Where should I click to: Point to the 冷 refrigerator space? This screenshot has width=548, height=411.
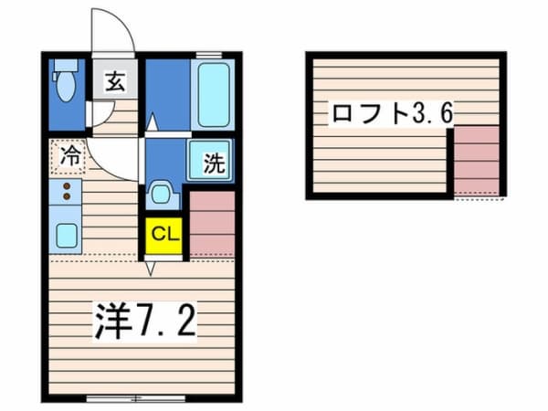[68, 156]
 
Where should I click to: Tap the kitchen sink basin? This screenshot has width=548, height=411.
[67, 235]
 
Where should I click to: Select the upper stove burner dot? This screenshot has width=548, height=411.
[67, 185]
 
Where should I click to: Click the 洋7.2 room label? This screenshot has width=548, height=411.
[144, 321]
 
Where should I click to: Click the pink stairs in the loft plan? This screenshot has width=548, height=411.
[477, 161]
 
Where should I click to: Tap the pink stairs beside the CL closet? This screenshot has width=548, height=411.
[212, 224]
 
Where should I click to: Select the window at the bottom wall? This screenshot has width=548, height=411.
[135, 398]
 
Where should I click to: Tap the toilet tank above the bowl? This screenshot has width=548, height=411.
[66, 66]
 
